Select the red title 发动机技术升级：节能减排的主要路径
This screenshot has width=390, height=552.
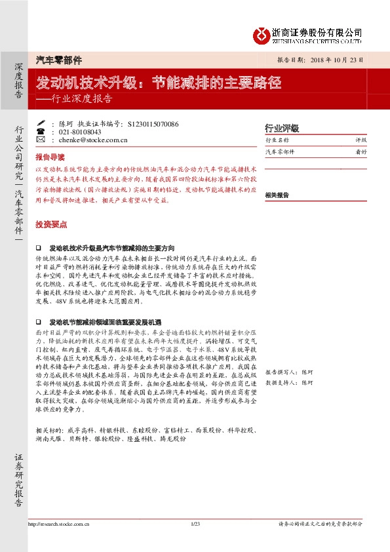[x=159, y=83]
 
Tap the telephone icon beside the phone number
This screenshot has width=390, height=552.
[x=41, y=131]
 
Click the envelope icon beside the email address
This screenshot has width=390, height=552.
[x=41, y=140]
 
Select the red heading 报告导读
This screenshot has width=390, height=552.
[x=50, y=157]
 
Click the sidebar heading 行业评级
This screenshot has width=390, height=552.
[x=281, y=128]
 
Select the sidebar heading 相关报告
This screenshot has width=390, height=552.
[x=277, y=195]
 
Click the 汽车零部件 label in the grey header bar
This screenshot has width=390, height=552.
[x=58, y=60]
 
